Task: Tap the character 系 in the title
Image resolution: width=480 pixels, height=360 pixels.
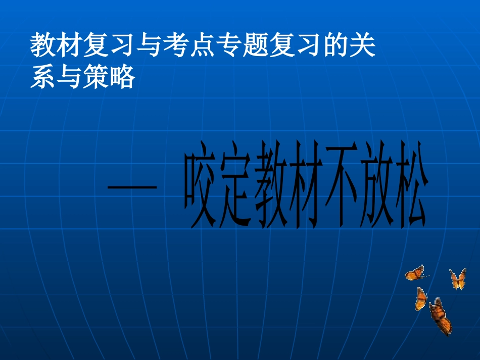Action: point(42,77)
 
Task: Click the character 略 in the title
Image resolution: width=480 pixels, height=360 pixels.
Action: point(122,77)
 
